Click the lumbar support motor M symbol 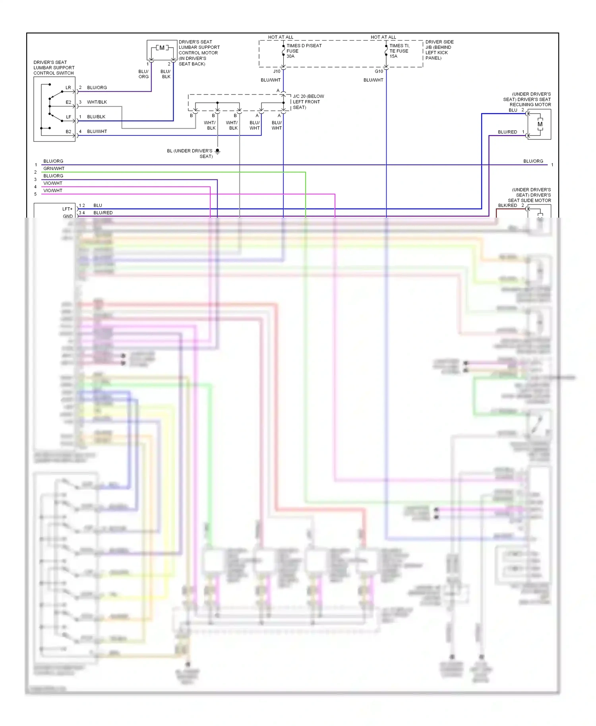(162, 48)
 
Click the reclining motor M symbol (540, 124)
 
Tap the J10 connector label (277, 71)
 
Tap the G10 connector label (379, 71)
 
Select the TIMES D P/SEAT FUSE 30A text (304, 51)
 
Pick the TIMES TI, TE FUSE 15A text (399, 51)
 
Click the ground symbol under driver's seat (217, 151)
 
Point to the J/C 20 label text (308, 102)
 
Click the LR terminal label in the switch (68, 88)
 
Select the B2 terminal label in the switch (68, 131)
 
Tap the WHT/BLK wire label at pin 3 (97, 102)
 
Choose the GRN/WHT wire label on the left (54, 168)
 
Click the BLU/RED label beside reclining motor (507, 132)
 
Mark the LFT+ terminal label (68, 209)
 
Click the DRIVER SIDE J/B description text (439, 50)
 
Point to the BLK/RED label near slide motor (507, 205)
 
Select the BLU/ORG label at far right (533, 161)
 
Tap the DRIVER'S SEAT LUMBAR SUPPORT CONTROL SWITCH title (54, 68)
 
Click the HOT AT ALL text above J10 (281, 37)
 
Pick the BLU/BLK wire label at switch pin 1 (96, 117)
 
